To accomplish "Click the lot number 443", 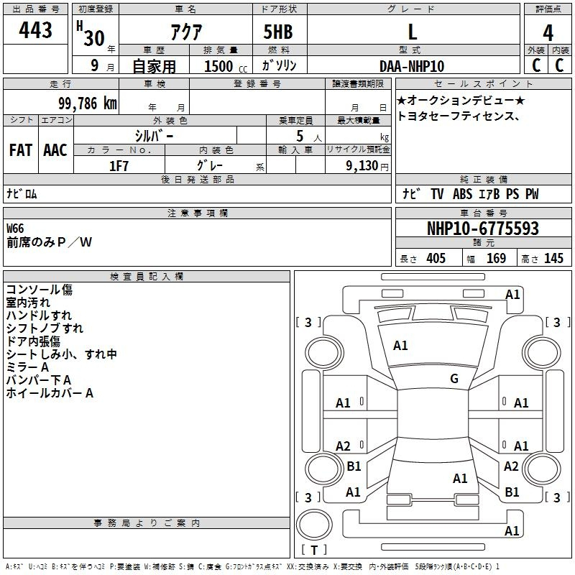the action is [x=35, y=29].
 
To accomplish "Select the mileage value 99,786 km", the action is [x=88, y=103].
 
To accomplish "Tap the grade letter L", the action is [x=413, y=32].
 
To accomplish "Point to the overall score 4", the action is [x=548, y=33].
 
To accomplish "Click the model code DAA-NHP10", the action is [x=412, y=66].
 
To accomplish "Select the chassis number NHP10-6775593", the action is [x=483, y=229].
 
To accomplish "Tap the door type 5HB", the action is [x=278, y=32].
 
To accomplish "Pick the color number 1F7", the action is [x=119, y=166].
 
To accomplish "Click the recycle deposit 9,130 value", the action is [x=362, y=166].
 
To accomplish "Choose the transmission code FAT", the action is [x=21, y=150].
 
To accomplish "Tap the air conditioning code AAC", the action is [x=55, y=150].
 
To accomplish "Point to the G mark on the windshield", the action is [x=454, y=378].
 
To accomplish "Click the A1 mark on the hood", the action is [x=400, y=346].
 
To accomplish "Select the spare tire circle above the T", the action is [x=314, y=525].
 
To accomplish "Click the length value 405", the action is [x=436, y=258].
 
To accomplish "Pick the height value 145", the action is [x=553, y=258].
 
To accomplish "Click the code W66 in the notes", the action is [x=15, y=229].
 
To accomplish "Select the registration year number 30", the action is [x=94, y=38].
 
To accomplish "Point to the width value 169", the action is [x=496, y=258].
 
